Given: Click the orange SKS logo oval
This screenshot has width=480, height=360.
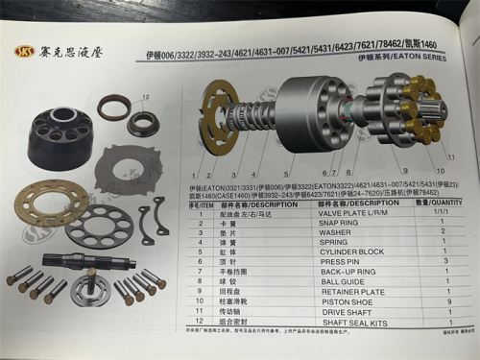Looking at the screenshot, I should pyautogui.click(x=24, y=52).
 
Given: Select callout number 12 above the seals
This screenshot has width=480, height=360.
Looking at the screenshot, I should pyautogui.click(x=144, y=96).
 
